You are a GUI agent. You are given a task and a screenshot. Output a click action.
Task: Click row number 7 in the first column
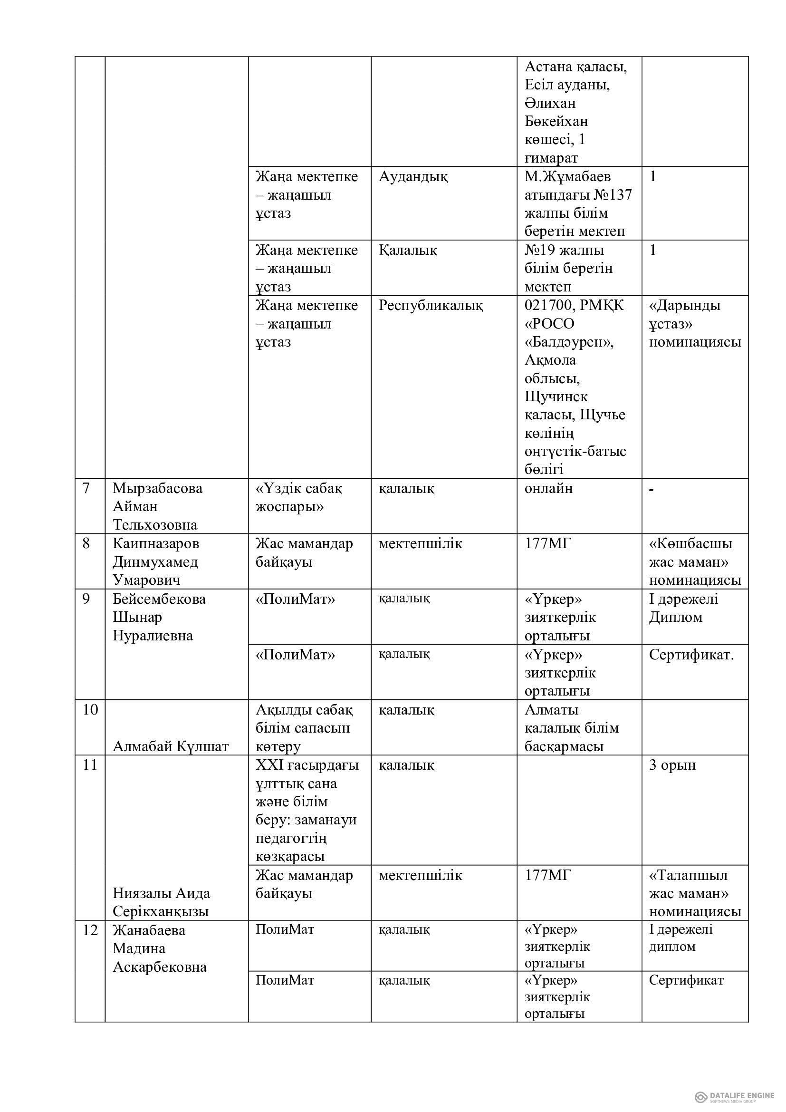tap(86, 488)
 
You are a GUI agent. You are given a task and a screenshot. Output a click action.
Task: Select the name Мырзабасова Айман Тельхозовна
tap(157, 507)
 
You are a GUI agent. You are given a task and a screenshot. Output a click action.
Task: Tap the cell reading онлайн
tap(548, 488)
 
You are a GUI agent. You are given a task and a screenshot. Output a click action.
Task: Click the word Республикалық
tap(430, 306)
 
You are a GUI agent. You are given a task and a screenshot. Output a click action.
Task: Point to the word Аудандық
tap(413, 177)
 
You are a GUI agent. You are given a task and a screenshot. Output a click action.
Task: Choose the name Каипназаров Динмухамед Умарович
tap(156, 562)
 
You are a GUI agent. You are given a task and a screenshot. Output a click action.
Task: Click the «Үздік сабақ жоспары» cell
tap(298, 497)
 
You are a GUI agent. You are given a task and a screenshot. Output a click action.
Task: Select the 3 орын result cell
tap(672, 765)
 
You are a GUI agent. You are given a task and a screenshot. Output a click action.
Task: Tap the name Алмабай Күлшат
tap(171, 746)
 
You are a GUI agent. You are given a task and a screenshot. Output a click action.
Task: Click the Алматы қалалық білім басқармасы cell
tap(571, 728)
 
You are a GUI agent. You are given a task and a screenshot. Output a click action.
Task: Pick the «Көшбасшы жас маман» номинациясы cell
tap(695, 562)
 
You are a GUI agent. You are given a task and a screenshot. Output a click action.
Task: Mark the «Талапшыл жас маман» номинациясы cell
tap(695, 894)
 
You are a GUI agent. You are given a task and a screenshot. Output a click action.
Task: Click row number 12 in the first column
tap(90, 930)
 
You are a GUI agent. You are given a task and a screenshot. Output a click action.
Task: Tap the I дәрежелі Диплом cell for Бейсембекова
tap(683, 609)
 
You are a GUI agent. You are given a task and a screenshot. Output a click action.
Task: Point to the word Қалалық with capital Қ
tap(408, 251)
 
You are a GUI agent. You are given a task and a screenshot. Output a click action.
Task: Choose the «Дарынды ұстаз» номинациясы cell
tap(695, 324)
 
